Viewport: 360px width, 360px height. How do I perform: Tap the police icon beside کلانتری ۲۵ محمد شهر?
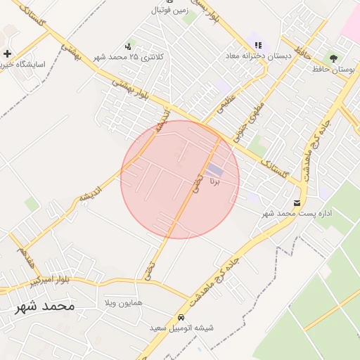pos(127,46)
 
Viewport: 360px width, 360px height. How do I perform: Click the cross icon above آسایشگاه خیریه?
pos(7,53)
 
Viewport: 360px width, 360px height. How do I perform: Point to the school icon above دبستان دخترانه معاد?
pos(258,45)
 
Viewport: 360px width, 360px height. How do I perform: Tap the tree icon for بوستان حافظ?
pos(333,58)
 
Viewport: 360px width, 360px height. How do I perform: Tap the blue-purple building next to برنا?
pos(214,169)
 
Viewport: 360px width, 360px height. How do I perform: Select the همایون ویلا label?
pos(123,302)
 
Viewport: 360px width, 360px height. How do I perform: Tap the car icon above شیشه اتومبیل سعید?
pos(181,317)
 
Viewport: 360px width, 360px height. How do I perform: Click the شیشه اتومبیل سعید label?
pos(181,328)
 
